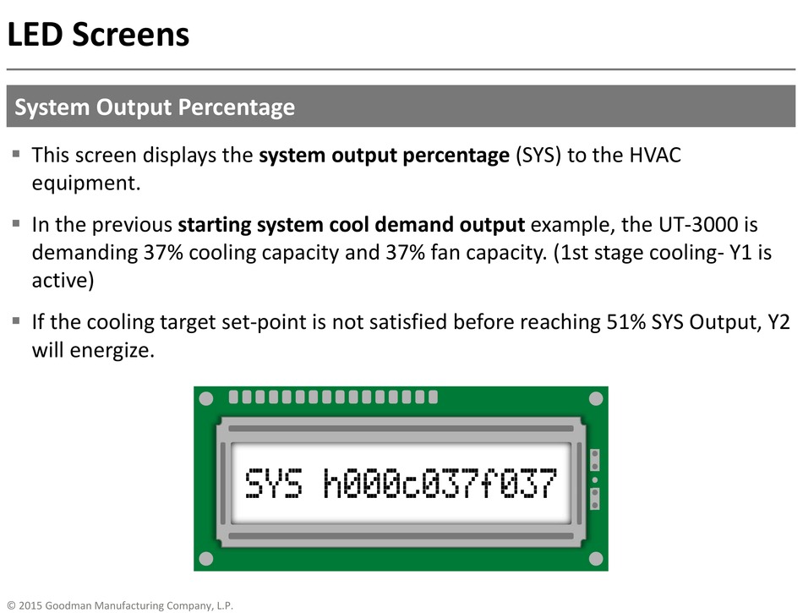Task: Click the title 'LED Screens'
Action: point(98,35)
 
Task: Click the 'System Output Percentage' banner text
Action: point(155,107)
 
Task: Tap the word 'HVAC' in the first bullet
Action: point(655,155)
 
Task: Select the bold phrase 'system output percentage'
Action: point(384,156)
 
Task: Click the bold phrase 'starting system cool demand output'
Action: point(352,225)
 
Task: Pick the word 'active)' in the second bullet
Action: point(63,281)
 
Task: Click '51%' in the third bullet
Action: point(625,322)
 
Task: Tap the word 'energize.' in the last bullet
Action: point(112,350)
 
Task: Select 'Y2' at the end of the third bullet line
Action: point(779,322)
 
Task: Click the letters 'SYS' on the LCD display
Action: point(274,483)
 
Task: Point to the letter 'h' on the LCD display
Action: point(333,483)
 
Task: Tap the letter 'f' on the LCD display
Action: point(492,483)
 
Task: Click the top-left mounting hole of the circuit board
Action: point(206,398)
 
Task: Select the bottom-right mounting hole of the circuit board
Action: point(596,559)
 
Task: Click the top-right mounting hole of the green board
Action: point(596,398)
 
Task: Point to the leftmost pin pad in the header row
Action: point(233,397)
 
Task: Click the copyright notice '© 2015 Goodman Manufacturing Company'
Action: point(120,605)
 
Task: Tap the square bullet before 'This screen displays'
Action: point(16,154)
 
